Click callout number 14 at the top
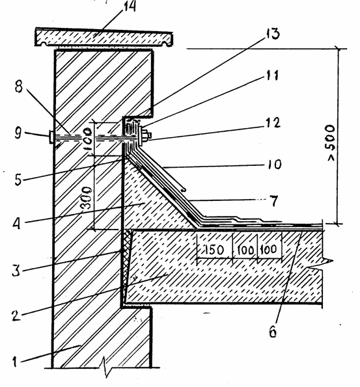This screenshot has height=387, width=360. [130, 7]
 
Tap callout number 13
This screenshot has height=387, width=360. [273, 34]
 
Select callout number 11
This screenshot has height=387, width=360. [272, 75]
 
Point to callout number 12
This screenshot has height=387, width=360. [273, 123]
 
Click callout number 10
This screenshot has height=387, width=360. [275, 164]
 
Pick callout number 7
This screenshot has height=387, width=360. [274, 201]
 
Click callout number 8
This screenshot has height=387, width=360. [19, 87]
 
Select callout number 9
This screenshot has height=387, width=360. [18, 133]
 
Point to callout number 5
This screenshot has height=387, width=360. [18, 180]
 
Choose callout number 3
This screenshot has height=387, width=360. [16, 271]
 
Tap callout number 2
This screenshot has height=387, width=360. [16, 315]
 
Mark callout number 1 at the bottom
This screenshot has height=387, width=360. [15, 362]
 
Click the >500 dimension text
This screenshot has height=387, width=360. [331, 143]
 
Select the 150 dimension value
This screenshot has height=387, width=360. [214, 250]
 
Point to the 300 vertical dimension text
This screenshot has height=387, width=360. [87, 198]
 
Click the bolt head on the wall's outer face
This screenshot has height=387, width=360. [51, 137]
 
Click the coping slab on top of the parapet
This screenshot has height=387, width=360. [104, 37]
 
